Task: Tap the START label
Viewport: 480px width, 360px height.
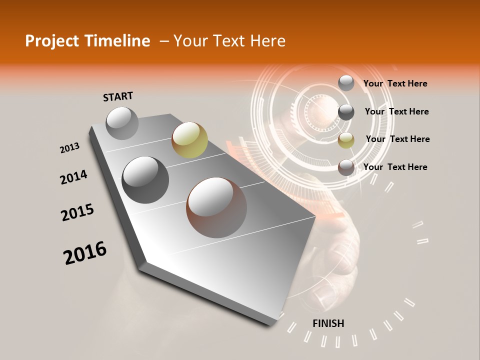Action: pyautogui.click(x=118, y=96)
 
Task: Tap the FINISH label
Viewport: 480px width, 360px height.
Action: pyautogui.click(x=328, y=323)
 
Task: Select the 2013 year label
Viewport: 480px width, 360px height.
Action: pyautogui.click(x=70, y=147)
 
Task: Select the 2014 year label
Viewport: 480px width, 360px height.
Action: pyautogui.click(x=73, y=177)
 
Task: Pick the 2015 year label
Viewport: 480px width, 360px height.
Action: pyautogui.click(x=77, y=212)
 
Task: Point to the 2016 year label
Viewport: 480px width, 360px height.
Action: pyautogui.click(x=85, y=252)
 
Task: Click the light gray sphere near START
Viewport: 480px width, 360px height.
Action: pyautogui.click(x=122, y=123)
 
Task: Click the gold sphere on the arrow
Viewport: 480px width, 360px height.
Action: pyautogui.click(x=189, y=139)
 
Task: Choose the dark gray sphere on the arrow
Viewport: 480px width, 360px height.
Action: pyautogui.click(x=145, y=179)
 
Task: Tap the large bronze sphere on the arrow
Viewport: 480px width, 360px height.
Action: pyautogui.click(x=216, y=207)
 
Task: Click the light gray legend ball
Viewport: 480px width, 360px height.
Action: pyautogui.click(x=346, y=83)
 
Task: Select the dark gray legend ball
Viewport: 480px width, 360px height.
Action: pyautogui.click(x=346, y=112)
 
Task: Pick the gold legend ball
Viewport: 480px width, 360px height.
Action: pyautogui.click(x=346, y=140)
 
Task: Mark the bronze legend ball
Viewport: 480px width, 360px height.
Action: pyautogui.click(x=346, y=167)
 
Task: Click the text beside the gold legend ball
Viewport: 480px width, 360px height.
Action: pyautogui.click(x=397, y=139)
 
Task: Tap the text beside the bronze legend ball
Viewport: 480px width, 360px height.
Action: pyautogui.click(x=395, y=167)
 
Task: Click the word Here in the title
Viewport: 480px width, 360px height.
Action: pyautogui.click(x=267, y=41)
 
